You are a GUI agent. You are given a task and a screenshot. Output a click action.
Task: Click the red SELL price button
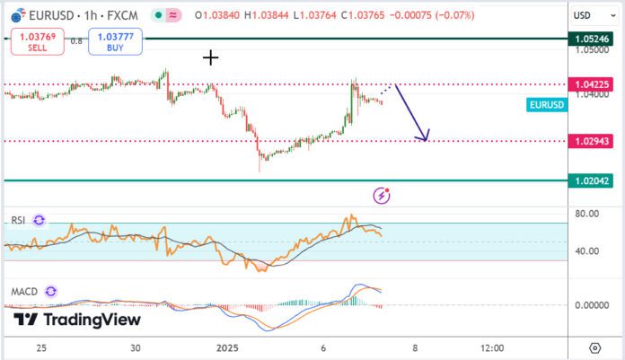(x=31, y=41)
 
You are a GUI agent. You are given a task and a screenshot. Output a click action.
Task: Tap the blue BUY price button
(x=109, y=41)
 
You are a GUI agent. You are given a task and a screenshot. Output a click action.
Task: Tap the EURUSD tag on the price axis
(x=547, y=105)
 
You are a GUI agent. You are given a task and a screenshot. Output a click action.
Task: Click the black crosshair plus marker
(x=211, y=58)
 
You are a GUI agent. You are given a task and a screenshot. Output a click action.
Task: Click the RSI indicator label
(x=18, y=220)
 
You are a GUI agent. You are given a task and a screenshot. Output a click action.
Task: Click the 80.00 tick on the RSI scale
(x=587, y=214)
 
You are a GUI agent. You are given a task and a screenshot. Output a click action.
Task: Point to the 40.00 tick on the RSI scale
(x=587, y=250)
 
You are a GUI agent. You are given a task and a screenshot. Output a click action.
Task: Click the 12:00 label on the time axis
(x=492, y=347)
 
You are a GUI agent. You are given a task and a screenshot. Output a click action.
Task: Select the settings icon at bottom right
(x=594, y=347)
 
